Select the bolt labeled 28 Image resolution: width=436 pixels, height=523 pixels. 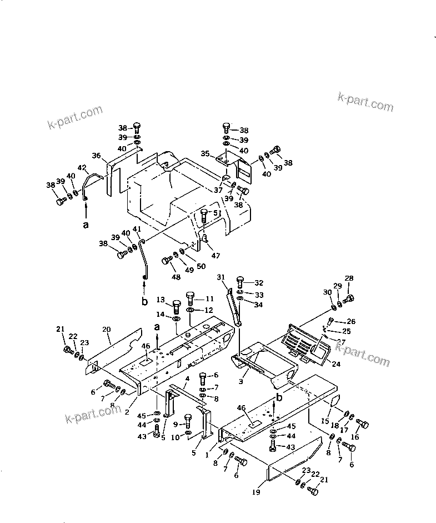click(349, 299)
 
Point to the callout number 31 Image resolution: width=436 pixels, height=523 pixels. click(221, 277)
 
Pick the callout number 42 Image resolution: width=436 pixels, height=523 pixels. click(82, 167)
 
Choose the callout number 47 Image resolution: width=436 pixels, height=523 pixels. click(216, 256)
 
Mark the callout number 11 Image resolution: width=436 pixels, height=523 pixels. click(210, 298)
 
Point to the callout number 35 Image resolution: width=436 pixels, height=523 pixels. click(205, 153)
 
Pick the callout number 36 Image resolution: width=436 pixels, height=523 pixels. click(96, 156)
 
